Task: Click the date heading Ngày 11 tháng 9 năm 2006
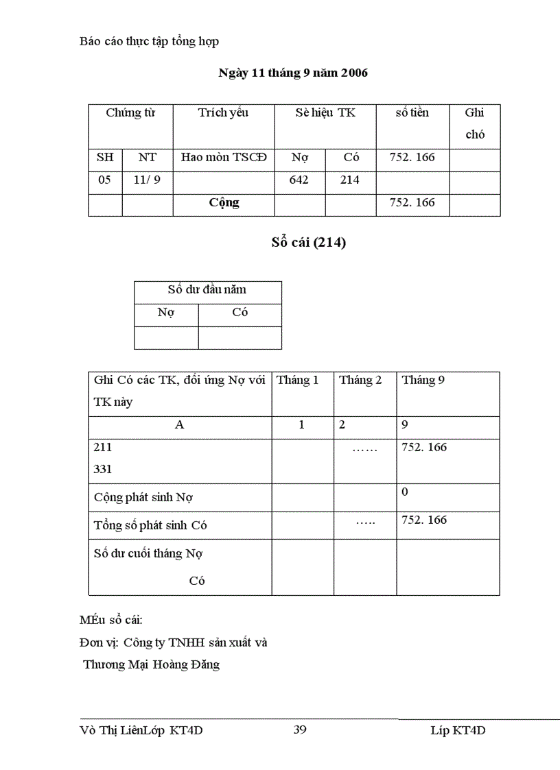(293, 73)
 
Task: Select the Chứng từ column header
(130, 113)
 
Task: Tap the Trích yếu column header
(223, 113)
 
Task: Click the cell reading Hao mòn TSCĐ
(223, 158)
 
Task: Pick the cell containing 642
(299, 180)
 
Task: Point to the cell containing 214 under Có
(350, 180)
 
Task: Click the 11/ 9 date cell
(148, 180)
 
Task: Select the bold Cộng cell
(224, 203)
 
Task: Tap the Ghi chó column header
(475, 123)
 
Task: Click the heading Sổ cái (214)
(308, 243)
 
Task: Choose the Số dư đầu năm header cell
(207, 290)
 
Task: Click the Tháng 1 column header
(297, 381)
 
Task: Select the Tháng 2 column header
(360, 381)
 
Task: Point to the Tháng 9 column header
(423, 381)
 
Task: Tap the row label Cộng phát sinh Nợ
(143, 497)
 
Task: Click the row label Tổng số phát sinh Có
(150, 526)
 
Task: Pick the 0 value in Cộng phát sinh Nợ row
(405, 492)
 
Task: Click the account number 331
(103, 470)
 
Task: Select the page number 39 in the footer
(300, 730)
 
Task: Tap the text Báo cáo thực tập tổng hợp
(150, 41)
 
